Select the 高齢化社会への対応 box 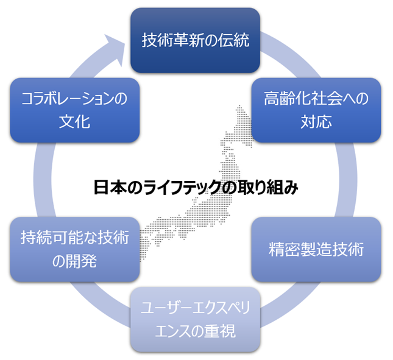[x=316, y=110]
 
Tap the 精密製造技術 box [x=316, y=249]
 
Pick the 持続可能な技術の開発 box [x=74, y=249]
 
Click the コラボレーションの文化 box [x=74, y=110]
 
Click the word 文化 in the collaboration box [x=74, y=121]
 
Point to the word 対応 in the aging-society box [x=316, y=121]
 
